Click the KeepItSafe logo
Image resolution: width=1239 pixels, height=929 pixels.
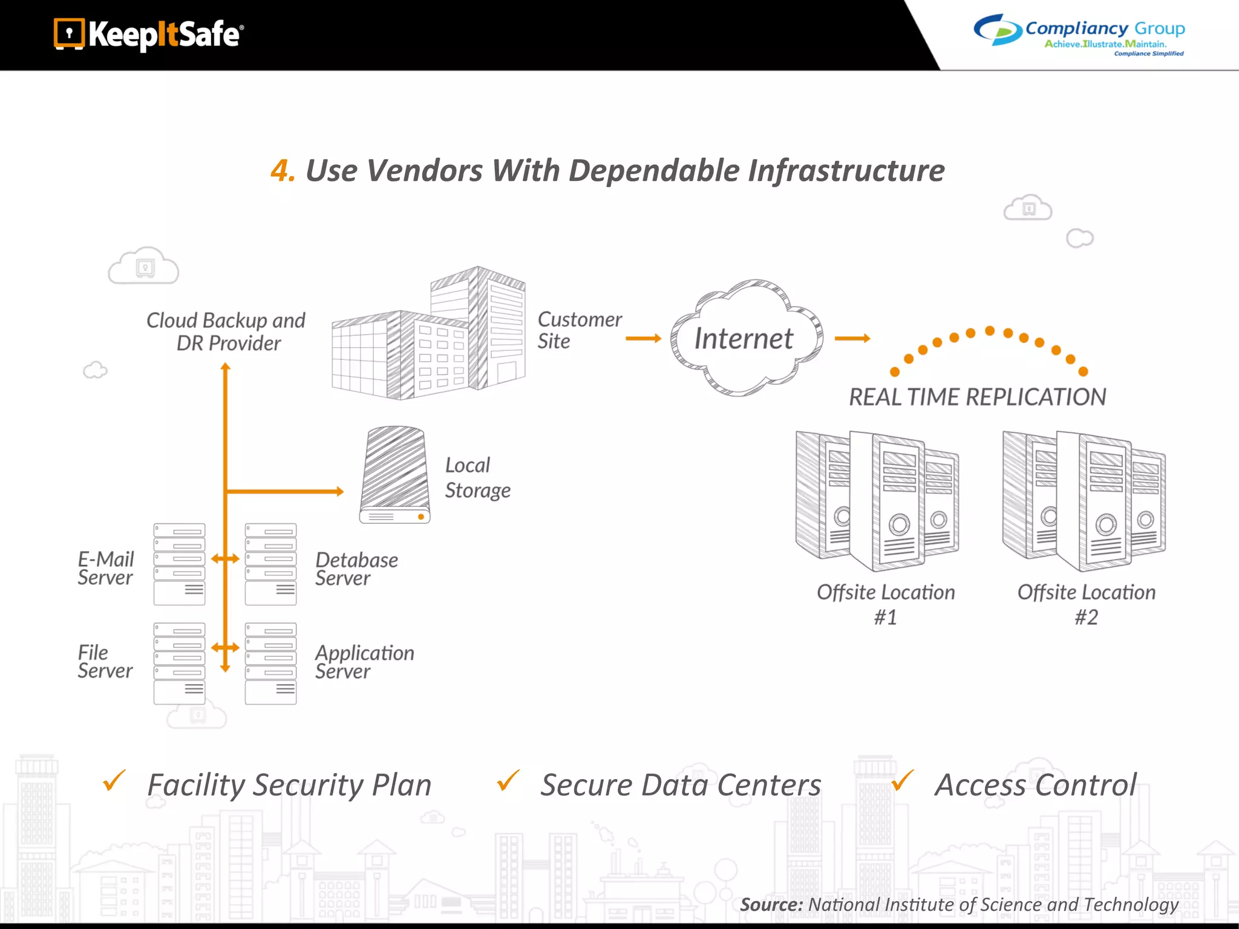149,34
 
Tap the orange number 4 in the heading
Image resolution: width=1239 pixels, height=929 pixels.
281,171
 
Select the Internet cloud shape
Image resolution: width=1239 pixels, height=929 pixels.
745,337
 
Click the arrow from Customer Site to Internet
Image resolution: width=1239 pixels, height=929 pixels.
643,339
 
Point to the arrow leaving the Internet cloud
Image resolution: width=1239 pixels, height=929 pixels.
852,339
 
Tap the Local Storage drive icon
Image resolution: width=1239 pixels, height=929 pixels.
395,475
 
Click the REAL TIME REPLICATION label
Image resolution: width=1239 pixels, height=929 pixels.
977,397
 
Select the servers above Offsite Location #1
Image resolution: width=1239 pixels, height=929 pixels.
877,501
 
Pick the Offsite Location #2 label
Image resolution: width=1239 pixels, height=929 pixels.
1086,604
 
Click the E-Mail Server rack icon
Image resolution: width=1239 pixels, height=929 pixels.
179,564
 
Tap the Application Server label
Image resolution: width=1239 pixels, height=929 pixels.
364,662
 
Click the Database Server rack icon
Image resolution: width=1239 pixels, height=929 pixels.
270,564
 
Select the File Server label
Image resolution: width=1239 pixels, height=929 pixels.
105,662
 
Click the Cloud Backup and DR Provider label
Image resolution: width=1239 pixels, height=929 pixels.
226,331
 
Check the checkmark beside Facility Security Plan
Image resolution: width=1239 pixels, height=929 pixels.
114,781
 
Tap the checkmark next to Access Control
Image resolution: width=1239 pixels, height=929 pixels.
902,781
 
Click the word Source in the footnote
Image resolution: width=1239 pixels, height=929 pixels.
771,905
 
